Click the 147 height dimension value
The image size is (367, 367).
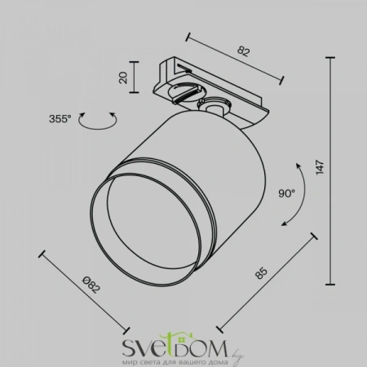point(321,167)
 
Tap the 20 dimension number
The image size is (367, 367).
point(123,77)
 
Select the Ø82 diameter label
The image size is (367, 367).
point(91,285)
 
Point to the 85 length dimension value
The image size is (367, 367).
point(262,273)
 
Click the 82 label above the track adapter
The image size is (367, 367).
point(243,51)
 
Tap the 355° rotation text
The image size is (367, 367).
point(60,119)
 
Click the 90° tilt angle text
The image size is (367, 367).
point(286,193)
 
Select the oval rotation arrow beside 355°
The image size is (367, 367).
point(98,127)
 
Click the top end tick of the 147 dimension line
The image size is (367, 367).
point(330,58)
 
